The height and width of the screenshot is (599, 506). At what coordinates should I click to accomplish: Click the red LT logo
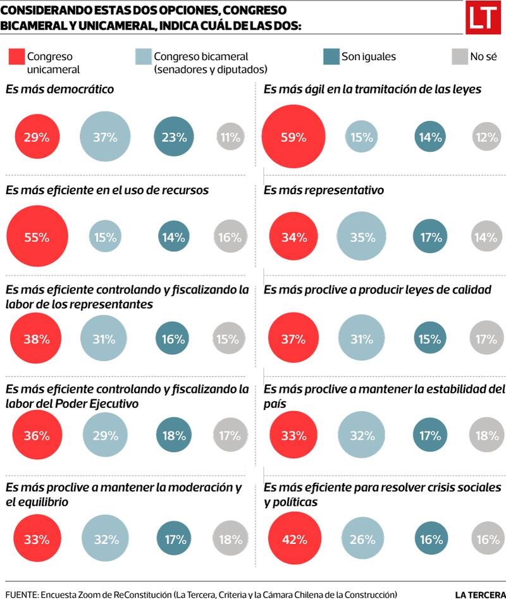482,18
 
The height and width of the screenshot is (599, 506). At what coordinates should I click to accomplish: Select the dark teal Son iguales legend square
331,57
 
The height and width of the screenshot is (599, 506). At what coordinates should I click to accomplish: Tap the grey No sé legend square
459,57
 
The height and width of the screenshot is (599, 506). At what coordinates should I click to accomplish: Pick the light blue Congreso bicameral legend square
144,57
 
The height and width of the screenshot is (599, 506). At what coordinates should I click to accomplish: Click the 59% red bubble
293,136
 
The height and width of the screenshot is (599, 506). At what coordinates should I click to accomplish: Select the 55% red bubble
37,237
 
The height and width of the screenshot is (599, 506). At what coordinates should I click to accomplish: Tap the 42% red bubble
293,540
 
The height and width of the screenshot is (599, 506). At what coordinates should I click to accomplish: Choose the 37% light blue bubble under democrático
105,136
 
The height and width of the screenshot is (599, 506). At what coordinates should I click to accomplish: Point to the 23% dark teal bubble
173,136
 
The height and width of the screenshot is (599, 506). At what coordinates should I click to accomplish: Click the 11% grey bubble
230,136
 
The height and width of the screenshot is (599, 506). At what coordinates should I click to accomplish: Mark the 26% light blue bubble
361,540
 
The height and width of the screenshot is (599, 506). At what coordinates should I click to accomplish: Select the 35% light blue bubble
361,237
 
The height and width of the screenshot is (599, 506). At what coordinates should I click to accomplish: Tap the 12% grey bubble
486,136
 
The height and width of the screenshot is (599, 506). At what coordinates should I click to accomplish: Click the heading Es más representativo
324,190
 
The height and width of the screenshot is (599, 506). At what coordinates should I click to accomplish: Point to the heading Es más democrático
60,89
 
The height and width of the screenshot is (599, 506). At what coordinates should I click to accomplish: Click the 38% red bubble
37,338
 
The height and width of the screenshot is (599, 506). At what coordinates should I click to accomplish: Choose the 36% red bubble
37,435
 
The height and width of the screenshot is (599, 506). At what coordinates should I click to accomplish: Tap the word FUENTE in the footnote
20,594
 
